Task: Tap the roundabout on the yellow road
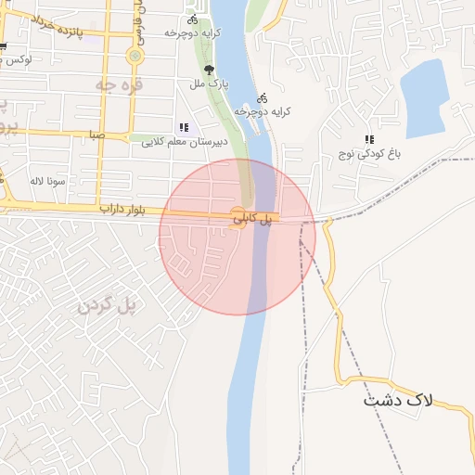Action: tap(136, 56)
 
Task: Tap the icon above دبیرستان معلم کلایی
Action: tap(183, 127)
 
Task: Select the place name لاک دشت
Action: tap(398, 401)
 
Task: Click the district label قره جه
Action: tap(113, 83)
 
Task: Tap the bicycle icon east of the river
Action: tap(263, 96)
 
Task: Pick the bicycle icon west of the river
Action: tap(192, 19)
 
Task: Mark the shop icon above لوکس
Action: tap(3, 46)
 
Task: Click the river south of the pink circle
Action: tap(243, 390)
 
